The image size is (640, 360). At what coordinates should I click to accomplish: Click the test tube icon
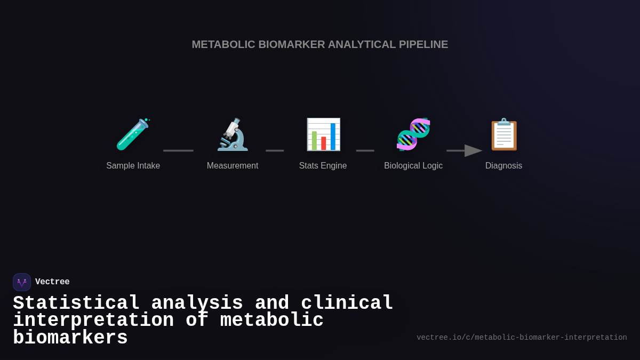(133, 134)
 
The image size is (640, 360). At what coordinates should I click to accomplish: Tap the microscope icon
(233, 134)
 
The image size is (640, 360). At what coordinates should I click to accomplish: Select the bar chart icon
(323, 134)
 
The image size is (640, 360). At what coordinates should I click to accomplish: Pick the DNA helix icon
(413, 134)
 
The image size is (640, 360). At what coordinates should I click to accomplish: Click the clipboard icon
(503, 134)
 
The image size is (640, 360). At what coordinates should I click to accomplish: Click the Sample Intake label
(133, 166)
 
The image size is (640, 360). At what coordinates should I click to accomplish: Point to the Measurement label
(233, 166)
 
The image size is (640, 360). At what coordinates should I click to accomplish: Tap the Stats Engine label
(323, 166)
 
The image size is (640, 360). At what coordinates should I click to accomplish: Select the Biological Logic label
(413, 166)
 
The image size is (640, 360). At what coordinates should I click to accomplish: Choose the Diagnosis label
(503, 166)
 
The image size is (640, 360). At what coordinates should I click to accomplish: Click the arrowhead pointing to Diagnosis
(473, 151)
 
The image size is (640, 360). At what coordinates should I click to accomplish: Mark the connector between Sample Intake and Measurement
(178, 151)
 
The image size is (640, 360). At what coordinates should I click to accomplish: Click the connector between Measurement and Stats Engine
(275, 151)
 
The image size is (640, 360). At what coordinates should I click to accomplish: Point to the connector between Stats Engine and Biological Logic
(365, 151)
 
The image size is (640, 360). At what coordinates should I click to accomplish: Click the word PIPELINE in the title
(423, 45)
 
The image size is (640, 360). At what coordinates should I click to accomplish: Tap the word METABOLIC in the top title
(223, 45)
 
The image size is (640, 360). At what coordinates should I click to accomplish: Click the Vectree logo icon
(22, 282)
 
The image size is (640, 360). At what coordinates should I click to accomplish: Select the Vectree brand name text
(52, 282)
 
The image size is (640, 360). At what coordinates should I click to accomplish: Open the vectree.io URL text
(522, 338)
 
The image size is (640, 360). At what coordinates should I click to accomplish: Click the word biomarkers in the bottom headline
(70, 338)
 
